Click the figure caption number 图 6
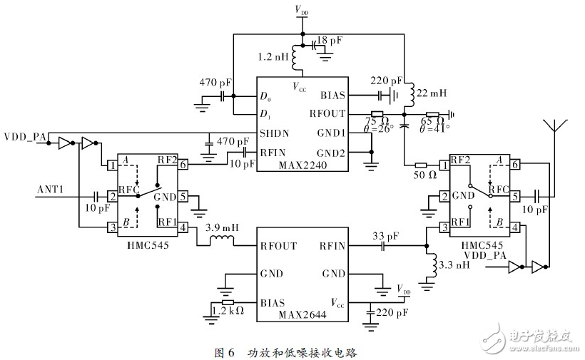pos(225,351)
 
